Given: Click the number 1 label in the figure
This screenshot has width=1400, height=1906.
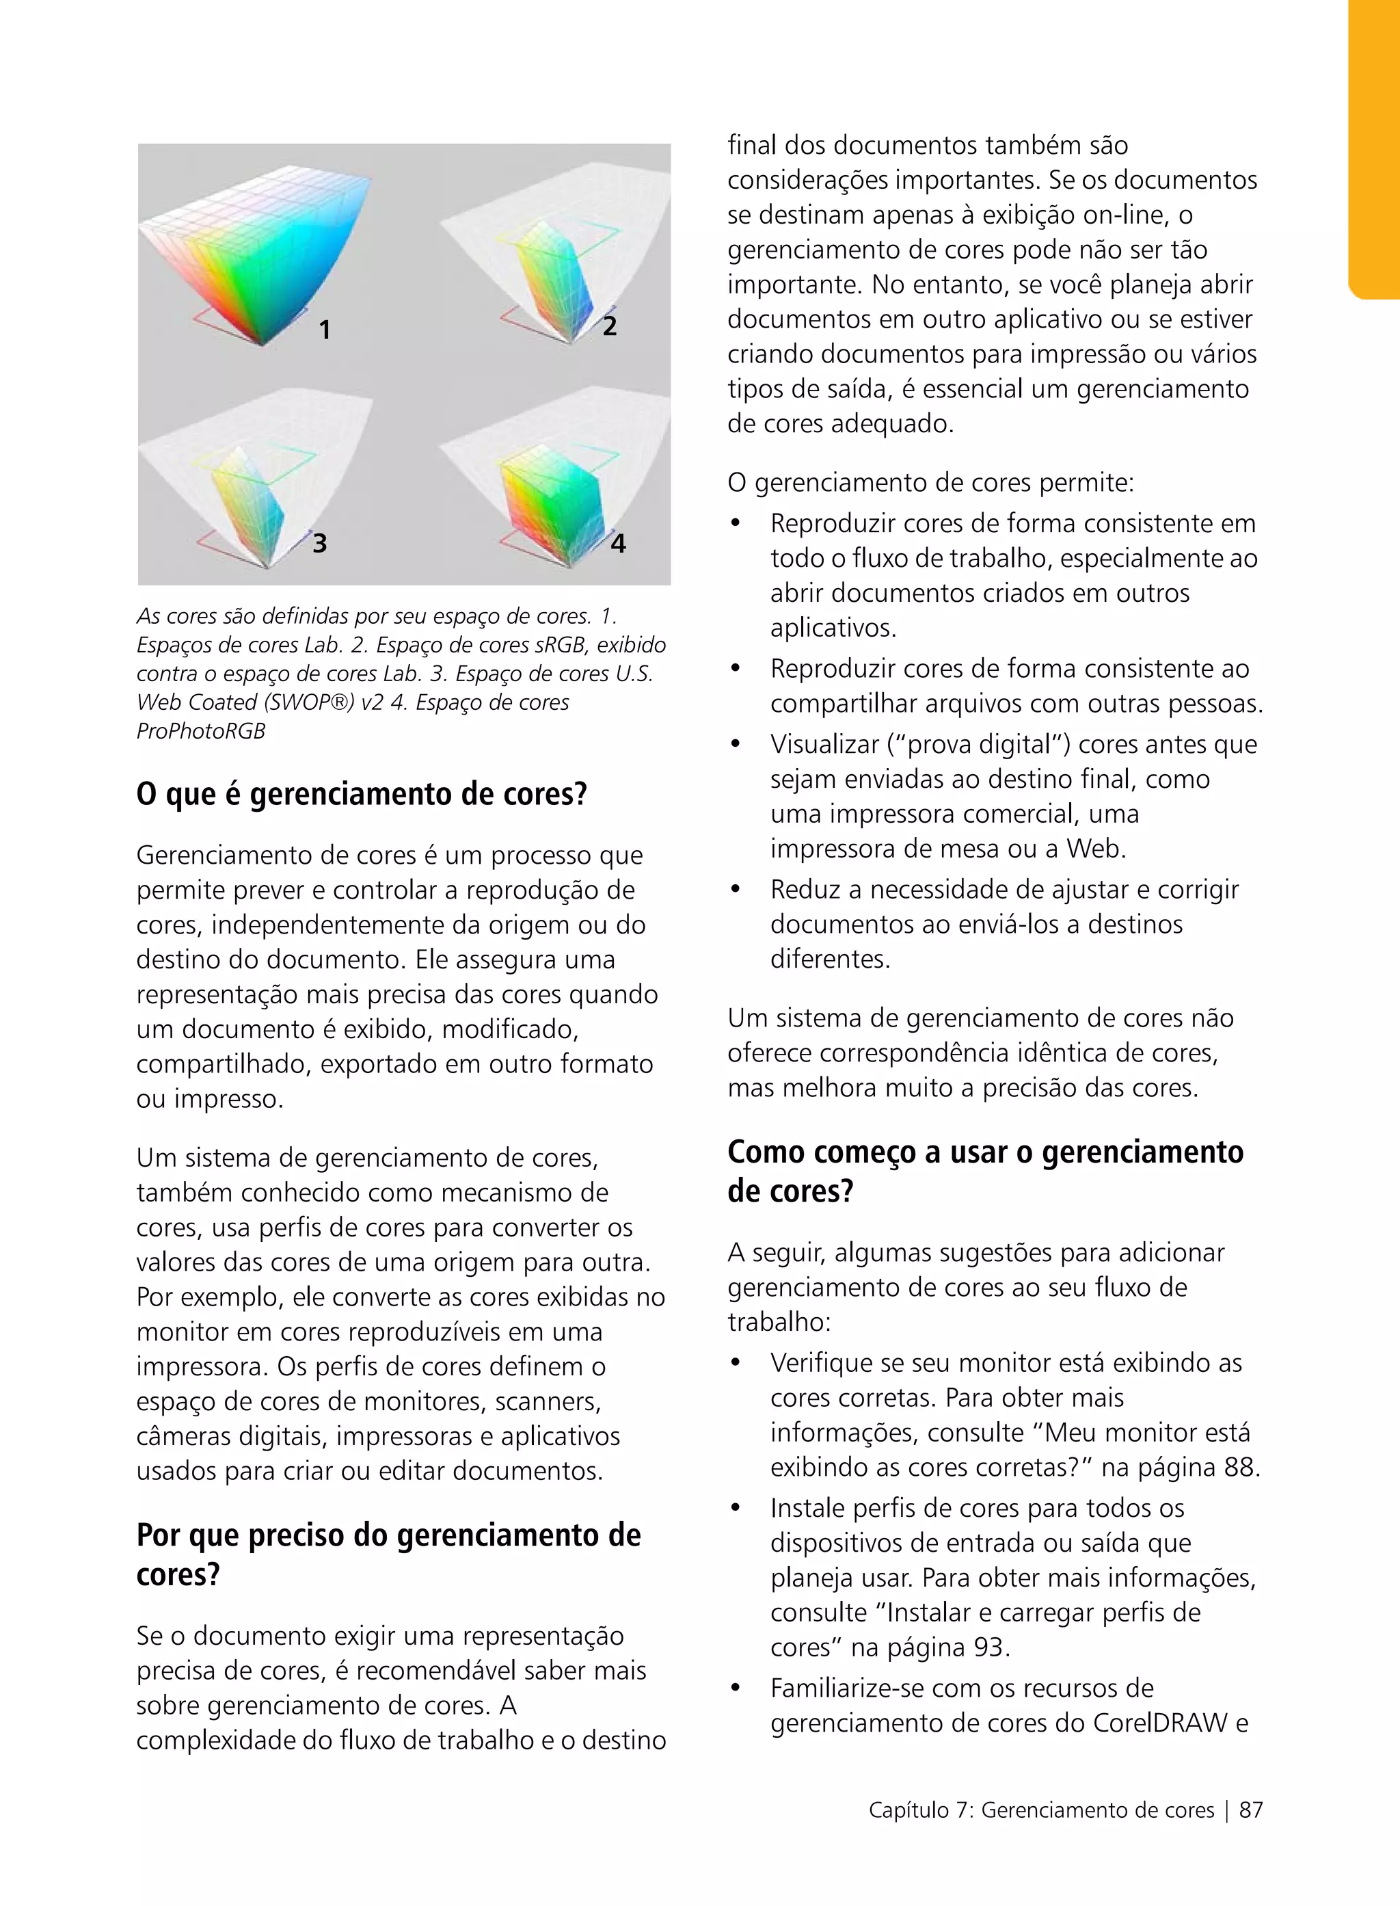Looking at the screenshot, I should click(x=325, y=330).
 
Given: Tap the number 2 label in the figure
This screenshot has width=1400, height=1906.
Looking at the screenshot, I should click(x=609, y=326).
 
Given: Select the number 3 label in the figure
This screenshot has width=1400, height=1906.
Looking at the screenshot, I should click(x=319, y=542).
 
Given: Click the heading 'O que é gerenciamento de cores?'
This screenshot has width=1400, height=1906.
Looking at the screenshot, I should click(x=362, y=795).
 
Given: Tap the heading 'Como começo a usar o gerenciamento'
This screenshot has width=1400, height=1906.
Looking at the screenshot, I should click(x=985, y=1152).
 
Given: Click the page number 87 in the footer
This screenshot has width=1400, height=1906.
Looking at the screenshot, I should click(x=1250, y=1810).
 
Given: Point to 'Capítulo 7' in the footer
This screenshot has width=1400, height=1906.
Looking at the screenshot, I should click(x=920, y=1810).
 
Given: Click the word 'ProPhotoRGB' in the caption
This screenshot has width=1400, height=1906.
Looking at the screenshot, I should click(x=201, y=731).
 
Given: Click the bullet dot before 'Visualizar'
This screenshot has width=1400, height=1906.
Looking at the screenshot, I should click(x=736, y=745).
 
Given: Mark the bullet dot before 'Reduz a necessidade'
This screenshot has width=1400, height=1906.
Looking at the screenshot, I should click(x=736, y=890).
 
